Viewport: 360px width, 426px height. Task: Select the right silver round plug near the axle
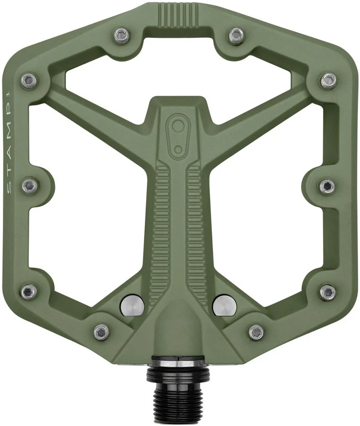point(224,305)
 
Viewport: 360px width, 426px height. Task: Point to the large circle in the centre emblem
point(178,126)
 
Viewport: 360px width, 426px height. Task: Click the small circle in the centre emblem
point(178,149)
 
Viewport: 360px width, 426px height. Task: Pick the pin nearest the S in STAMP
point(29,186)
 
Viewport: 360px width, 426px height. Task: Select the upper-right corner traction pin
point(328,80)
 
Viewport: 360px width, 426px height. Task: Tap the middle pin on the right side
point(327,186)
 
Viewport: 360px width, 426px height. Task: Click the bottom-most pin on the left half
point(101,332)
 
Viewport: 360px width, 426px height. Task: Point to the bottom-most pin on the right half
point(256,332)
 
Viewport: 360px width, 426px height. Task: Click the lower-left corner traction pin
point(29,291)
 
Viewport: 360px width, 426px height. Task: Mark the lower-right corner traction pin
point(327,291)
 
